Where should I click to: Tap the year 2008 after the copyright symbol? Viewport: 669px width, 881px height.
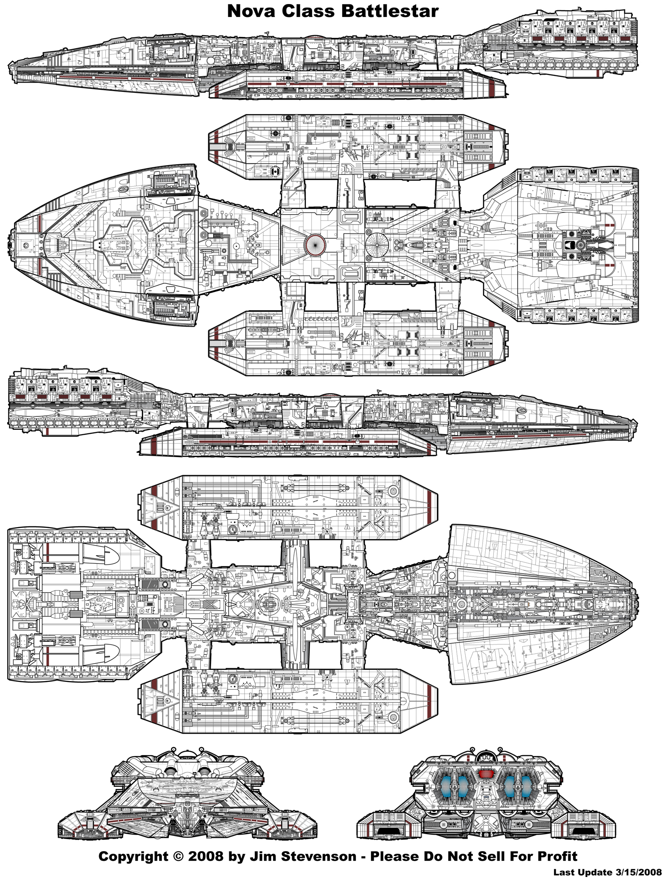pyautogui.click(x=206, y=856)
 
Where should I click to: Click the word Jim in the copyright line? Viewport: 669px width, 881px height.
pyautogui.click(x=260, y=856)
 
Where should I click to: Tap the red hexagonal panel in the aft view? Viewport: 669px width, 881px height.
pyautogui.click(x=485, y=774)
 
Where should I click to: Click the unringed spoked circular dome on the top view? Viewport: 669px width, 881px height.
pyautogui.click(x=377, y=245)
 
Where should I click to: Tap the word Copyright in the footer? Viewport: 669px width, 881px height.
pyautogui.click(x=133, y=856)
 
